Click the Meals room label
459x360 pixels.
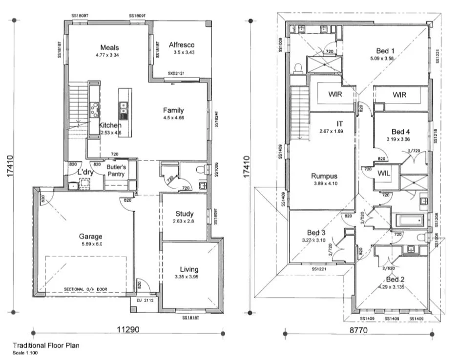109,48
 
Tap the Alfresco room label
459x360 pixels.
182,45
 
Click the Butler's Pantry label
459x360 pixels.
117,170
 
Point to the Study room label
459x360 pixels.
184,214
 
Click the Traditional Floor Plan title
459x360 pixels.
46,345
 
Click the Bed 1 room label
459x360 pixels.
385,50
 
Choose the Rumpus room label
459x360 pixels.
324,176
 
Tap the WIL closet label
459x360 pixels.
383,173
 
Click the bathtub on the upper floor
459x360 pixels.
410,221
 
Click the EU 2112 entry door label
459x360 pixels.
145,300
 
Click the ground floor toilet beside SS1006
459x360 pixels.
201,170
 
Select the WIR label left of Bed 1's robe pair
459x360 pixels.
335,94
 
